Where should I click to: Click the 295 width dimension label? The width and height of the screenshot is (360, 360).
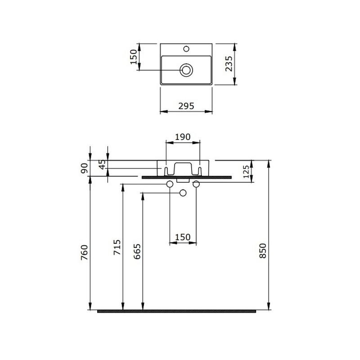tap(186, 106)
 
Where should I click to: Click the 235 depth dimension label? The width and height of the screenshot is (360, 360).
tap(229, 64)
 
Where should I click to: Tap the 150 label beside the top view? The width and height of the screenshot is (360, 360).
tap(133, 57)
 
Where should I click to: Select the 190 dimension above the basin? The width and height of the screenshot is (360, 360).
tap(183, 137)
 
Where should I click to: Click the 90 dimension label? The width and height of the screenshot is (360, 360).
tap(84, 168)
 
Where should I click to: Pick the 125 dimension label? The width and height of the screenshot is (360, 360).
tap(246, 172)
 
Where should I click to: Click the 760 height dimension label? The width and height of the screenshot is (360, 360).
tap(84, 252)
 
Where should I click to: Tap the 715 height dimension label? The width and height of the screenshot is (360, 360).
tap(117, 247)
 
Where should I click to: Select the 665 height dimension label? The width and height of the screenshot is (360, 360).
tap(137, 252)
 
